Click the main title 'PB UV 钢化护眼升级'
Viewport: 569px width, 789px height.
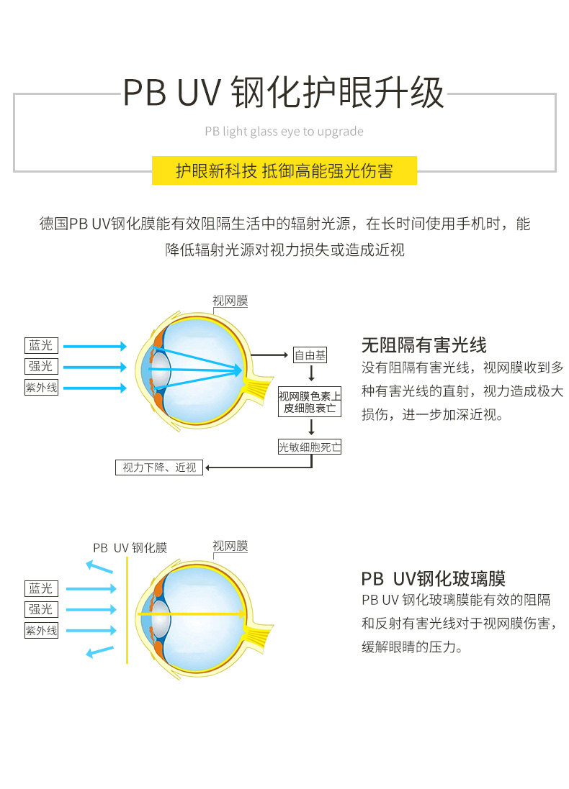click(284, 93)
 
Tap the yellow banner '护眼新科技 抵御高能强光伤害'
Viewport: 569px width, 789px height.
click(284, 171)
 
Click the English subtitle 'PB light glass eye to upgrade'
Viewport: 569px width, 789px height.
click(284, 132)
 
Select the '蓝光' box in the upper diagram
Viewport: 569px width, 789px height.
click(41, 346)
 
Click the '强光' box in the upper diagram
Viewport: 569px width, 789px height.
click(41, 366)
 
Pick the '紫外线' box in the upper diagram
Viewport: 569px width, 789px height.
click(41, 388)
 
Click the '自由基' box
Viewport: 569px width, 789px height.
click(310, 355)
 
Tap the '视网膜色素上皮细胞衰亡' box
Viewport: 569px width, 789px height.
click(310, 402)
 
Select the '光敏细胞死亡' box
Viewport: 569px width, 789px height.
click(310, 447)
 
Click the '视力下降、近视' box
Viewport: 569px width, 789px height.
click(159, 468)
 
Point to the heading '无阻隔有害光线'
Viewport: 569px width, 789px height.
click(424, 345)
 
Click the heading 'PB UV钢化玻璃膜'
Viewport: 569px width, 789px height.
click(433, 579)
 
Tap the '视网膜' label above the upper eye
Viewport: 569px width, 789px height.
click(230, 301)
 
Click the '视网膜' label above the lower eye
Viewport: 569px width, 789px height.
click(230, 547)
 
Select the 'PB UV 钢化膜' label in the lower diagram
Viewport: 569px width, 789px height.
click(130, 548)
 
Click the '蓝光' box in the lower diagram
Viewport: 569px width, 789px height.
click(41, 588)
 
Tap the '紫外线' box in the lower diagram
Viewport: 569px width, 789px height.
click(41, 631)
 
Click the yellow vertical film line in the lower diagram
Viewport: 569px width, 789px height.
click(127, 611)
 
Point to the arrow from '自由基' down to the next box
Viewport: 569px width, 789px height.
click(311, 374)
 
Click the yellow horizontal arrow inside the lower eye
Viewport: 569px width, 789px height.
click(194, 614)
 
